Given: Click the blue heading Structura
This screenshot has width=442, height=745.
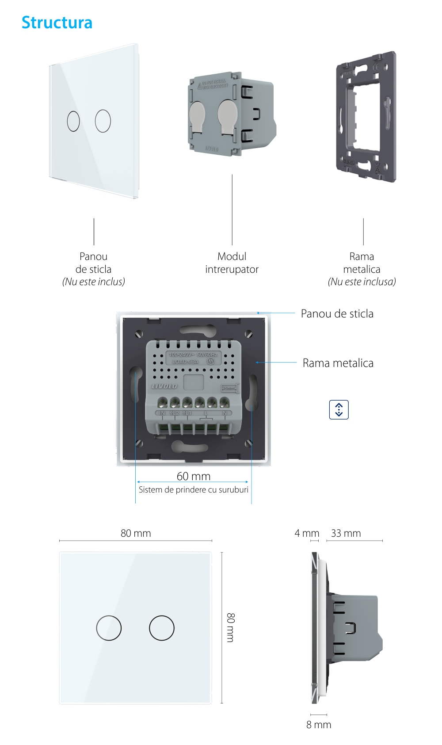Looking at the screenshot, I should coord(57,23).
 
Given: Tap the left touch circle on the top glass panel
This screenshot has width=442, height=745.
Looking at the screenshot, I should coord(73,121).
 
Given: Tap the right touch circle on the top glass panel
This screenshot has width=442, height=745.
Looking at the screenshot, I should coord(103,121).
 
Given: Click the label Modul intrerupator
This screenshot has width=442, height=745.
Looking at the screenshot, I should coord(232,263).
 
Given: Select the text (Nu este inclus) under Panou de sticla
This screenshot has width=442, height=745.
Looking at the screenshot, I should coord(94,282).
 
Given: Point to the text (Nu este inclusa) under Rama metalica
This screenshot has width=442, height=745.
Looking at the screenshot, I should coord(362,282).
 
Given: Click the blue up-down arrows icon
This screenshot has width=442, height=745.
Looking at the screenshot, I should coord(339,409).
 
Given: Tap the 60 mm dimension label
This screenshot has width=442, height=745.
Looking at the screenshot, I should coord(194,476).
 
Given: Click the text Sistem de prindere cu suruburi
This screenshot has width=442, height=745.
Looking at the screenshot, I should coord(194,490).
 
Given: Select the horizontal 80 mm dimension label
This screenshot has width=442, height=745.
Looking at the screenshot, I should coord(136,533).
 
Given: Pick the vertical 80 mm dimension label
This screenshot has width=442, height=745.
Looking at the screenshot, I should coord(231,627).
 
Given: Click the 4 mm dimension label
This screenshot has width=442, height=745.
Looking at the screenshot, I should coord(307,533).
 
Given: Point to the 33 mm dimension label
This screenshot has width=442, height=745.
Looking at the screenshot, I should coord(346,533).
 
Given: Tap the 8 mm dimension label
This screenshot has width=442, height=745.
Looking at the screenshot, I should coord(319,725).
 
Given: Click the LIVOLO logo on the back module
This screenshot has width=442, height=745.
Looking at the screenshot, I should coord(164,386).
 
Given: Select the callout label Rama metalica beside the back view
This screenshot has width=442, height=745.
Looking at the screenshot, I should coord(338,363).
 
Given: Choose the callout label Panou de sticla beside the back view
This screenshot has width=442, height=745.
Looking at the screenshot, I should coord(337,314).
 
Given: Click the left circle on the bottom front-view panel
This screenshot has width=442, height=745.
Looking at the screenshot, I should coord(109,628).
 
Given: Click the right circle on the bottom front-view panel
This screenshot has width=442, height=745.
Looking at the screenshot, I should coord(162,628).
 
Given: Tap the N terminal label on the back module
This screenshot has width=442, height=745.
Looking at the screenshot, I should coord(225,413).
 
